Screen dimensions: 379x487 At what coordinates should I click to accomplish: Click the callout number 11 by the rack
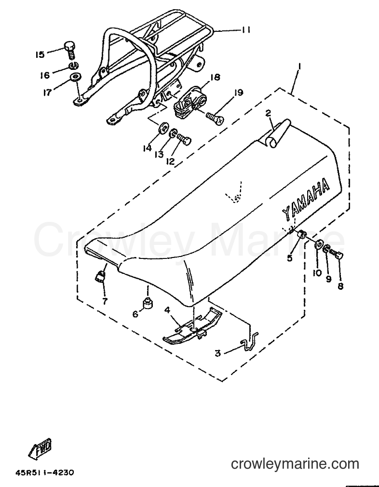point(246,30)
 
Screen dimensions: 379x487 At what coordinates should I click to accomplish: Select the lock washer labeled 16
point(74,66)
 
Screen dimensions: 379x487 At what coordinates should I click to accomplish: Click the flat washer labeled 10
point(318,244)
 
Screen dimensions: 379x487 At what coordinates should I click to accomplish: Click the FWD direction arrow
point(41,449)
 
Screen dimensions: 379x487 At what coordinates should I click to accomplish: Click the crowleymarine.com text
point(295,464)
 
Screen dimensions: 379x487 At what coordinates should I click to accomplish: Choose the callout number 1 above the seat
point(300,67)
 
